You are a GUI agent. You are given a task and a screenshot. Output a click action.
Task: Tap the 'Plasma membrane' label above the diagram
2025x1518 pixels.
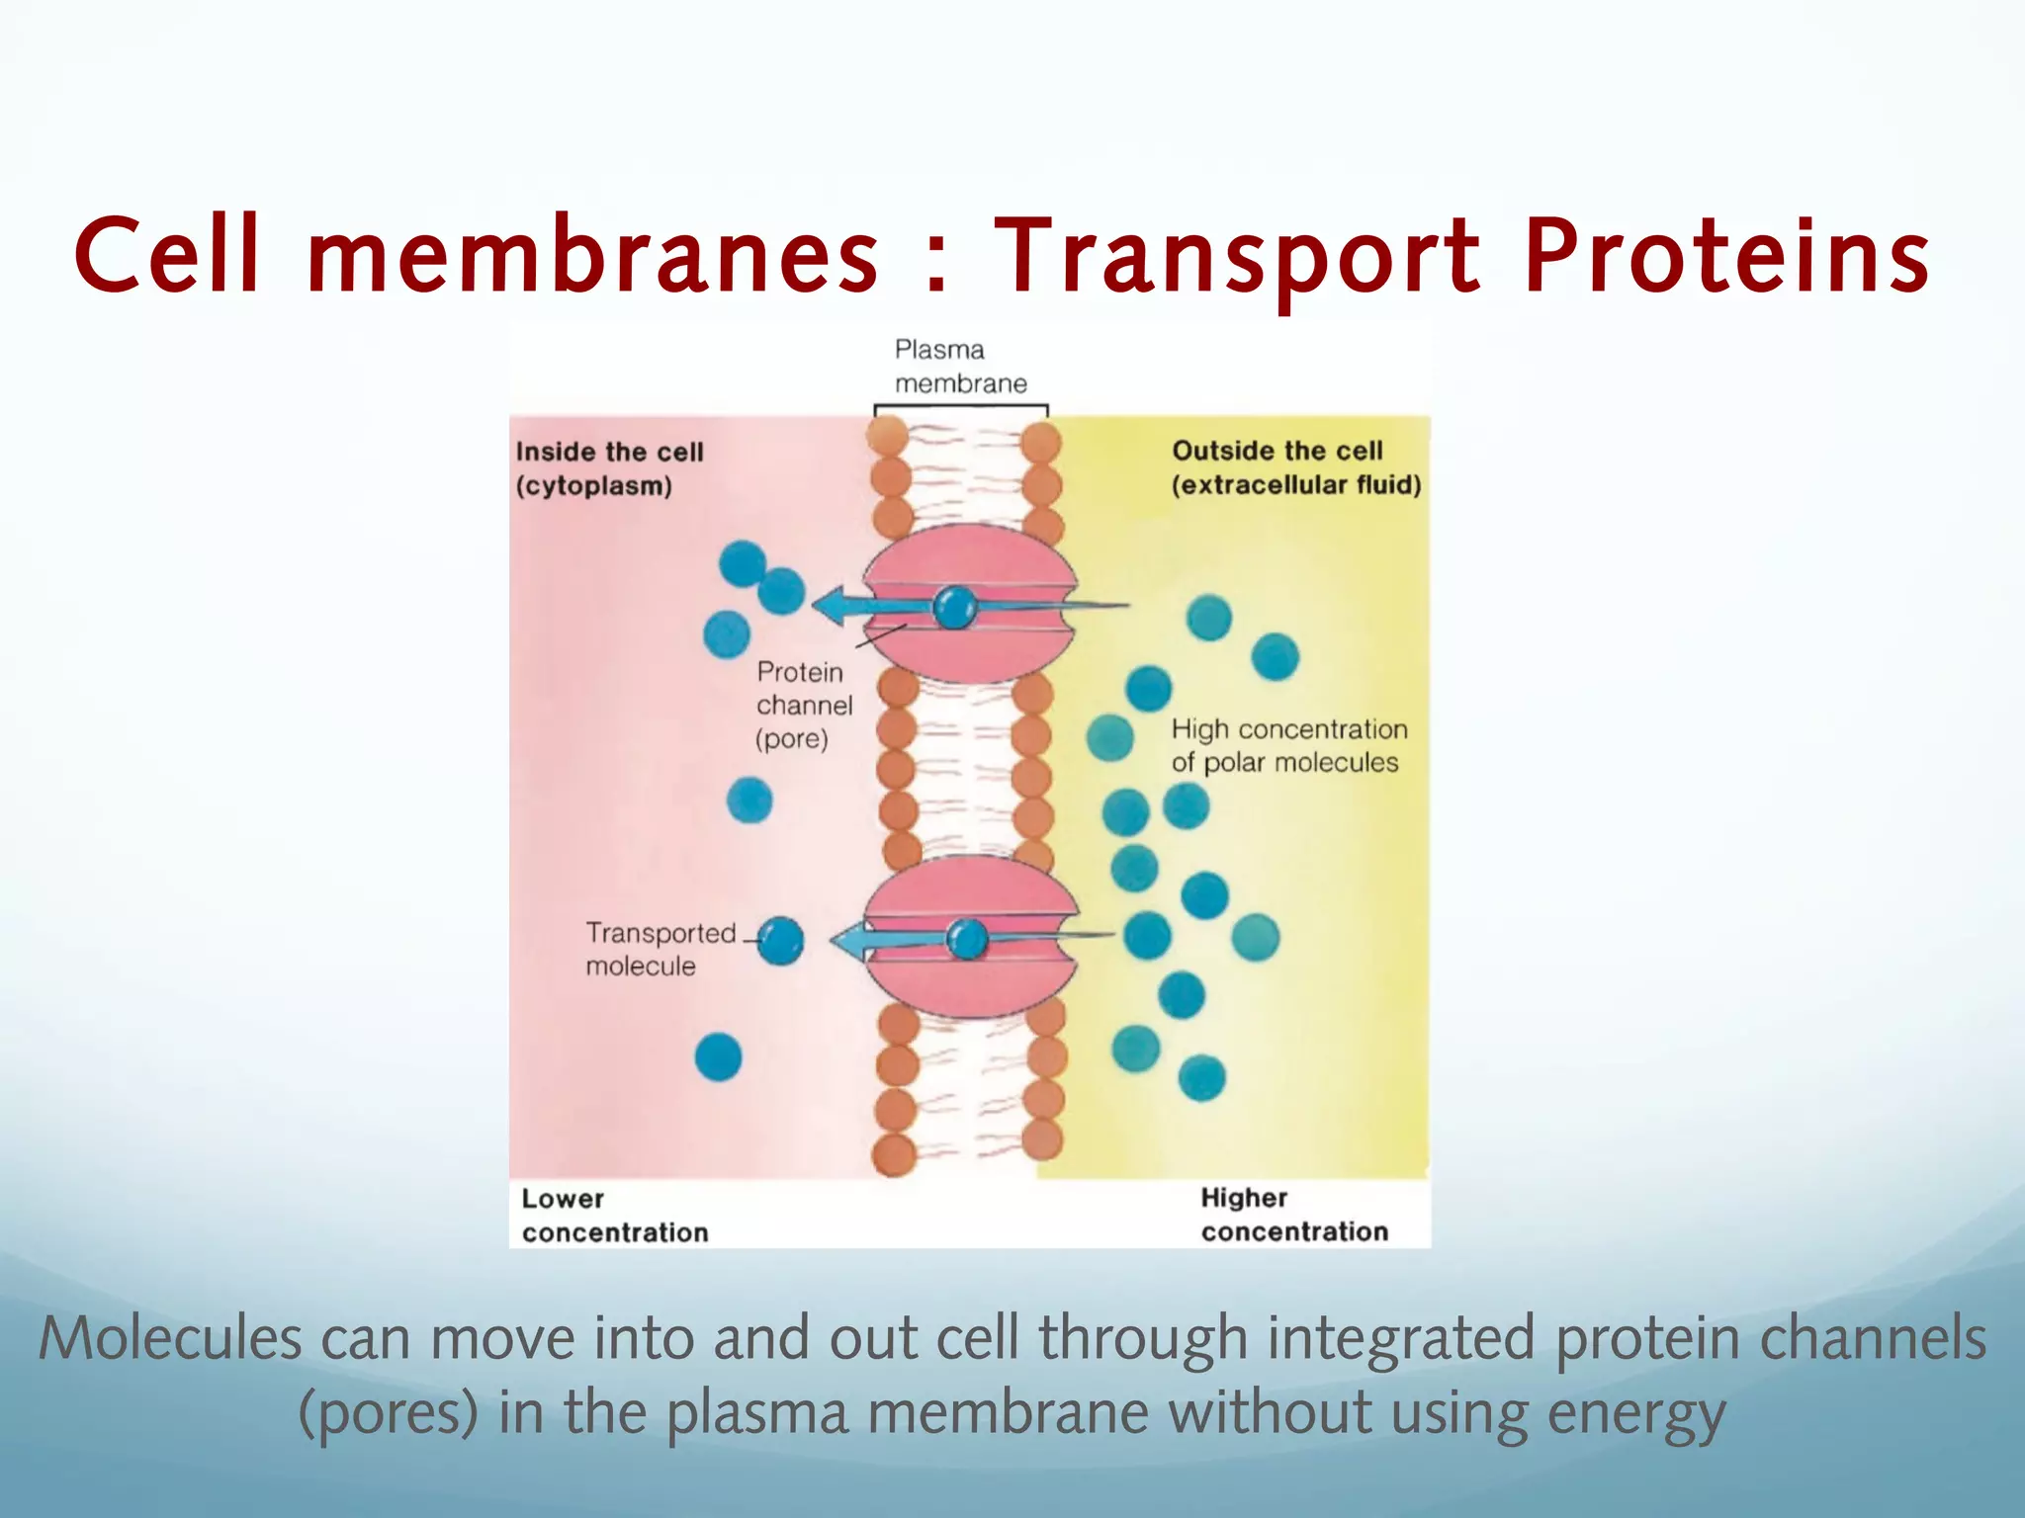tap(959, 367)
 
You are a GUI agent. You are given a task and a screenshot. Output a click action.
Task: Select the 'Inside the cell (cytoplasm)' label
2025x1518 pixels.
tap(608, 468)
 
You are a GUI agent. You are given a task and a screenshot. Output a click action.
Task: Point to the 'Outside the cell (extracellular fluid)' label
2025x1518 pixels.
tap(1295, 467)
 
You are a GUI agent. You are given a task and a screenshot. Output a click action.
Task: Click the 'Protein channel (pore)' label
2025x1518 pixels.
tap(803, 705)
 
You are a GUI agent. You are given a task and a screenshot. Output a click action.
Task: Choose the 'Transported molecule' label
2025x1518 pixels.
tap(660, 949)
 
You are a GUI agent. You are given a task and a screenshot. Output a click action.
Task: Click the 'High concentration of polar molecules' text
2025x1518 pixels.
tap(1288, 746)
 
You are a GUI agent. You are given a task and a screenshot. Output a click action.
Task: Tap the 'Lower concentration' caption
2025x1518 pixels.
tap(614, 1216)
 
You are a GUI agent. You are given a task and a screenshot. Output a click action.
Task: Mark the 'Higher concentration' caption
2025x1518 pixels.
tap(1293, 1215)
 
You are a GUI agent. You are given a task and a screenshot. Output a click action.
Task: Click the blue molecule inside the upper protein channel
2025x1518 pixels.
tap(955, 607)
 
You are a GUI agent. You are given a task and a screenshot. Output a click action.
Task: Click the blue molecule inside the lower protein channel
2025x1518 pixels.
tap(966, 939)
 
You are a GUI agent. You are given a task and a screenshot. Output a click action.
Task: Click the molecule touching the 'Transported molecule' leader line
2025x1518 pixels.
tap(780, 941)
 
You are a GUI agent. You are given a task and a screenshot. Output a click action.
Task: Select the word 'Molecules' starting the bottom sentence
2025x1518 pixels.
tap(169, 1340)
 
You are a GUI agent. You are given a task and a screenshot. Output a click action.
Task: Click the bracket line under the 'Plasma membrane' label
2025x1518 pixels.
tap(960, 406)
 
